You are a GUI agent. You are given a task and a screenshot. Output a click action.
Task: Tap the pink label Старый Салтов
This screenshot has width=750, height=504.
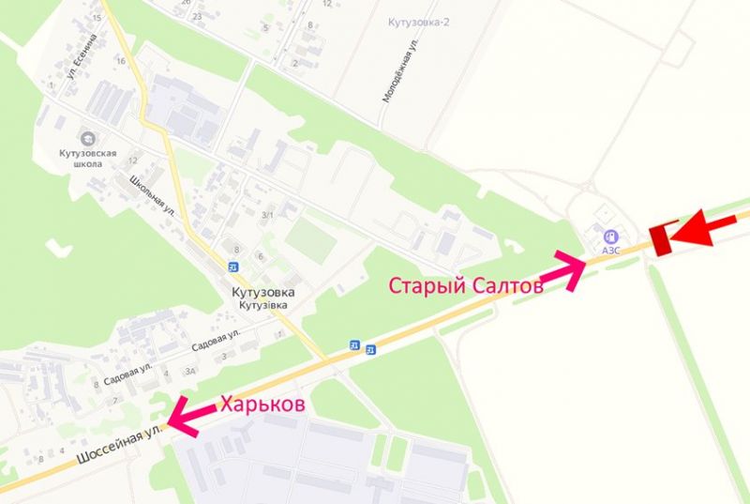[x=465, y=285]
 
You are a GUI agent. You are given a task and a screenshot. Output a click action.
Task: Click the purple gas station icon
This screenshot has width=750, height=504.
[x=611, y=237]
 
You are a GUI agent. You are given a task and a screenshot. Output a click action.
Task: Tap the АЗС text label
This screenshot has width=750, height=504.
[x=610, y=251]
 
